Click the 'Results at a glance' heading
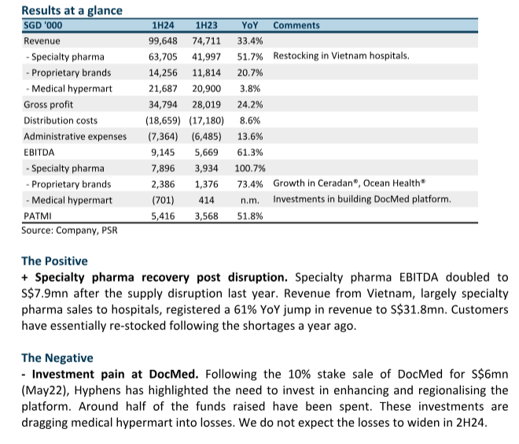[x=72, y=10]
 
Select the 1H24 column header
[x=163, y=25]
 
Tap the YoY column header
[x=249, y=25]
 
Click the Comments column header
[x=296, y=25]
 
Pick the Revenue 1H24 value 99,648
[x=163, y=41]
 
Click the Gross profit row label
[x=48, y=105]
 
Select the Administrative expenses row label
[x=75, y=136]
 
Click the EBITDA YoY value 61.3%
[x=250, y=153]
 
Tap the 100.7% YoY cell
[x=250, y=168]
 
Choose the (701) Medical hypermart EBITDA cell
[x=163, y=200]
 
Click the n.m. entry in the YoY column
[x=250, y=201]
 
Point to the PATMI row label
[x=38, y=216]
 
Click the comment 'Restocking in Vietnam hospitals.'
[x=341, y=56]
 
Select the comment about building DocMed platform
[x=362, y=199]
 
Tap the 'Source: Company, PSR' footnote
[x=69, y=231]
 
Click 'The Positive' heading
[x=54, y=261]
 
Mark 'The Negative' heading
[x=57, y=358]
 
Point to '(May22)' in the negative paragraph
[x=46, y=390]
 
